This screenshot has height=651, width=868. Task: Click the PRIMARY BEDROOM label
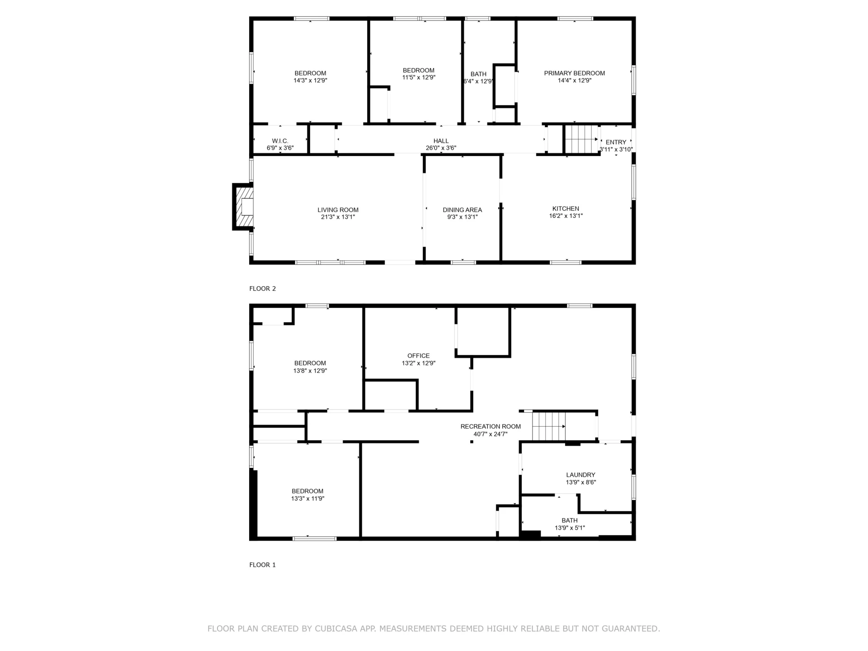pos(574,73)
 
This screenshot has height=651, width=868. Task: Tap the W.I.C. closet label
pos(280,141)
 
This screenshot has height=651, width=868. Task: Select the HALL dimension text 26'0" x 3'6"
pos(441,148)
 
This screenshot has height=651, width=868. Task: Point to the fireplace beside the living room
pos(243,207)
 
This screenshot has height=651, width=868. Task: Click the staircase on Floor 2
pos(582,139)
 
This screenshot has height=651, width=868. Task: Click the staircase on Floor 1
pos(548,426)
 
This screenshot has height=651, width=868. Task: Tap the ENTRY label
pos(616,142)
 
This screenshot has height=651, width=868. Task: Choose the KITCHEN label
pos(566,208)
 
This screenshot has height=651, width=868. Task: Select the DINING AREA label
pos(462,210)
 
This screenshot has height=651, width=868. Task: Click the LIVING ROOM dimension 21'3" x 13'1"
pos(338,217)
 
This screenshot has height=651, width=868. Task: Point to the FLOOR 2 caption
pos(262,288)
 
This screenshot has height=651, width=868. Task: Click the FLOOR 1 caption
pos(262,565)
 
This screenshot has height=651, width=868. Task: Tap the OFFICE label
pos(418,356)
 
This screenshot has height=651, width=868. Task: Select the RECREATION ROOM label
pos(491,426)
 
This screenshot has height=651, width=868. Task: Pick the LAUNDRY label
pos(580,475)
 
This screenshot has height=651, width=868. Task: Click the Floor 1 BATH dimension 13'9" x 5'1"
pos(570,528)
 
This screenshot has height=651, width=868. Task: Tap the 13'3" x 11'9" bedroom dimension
pos(307,499)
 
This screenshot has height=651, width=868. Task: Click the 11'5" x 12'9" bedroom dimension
pos(419,77)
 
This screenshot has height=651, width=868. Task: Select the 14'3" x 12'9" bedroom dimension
pos(310,80)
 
